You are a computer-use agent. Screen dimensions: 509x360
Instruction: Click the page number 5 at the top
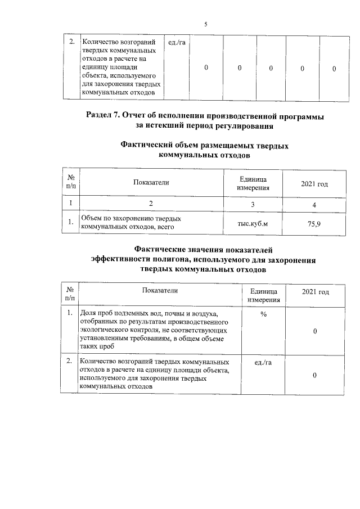click(x=206, y=24)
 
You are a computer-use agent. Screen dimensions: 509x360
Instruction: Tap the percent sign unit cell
click(x=264, y=314)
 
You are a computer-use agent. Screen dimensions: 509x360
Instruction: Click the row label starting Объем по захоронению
click(x=133, y=223)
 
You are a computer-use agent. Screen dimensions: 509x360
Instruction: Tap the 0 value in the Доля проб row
click(x=315, y=332)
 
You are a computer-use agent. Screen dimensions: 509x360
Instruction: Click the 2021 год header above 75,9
click(x=314, y=183)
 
